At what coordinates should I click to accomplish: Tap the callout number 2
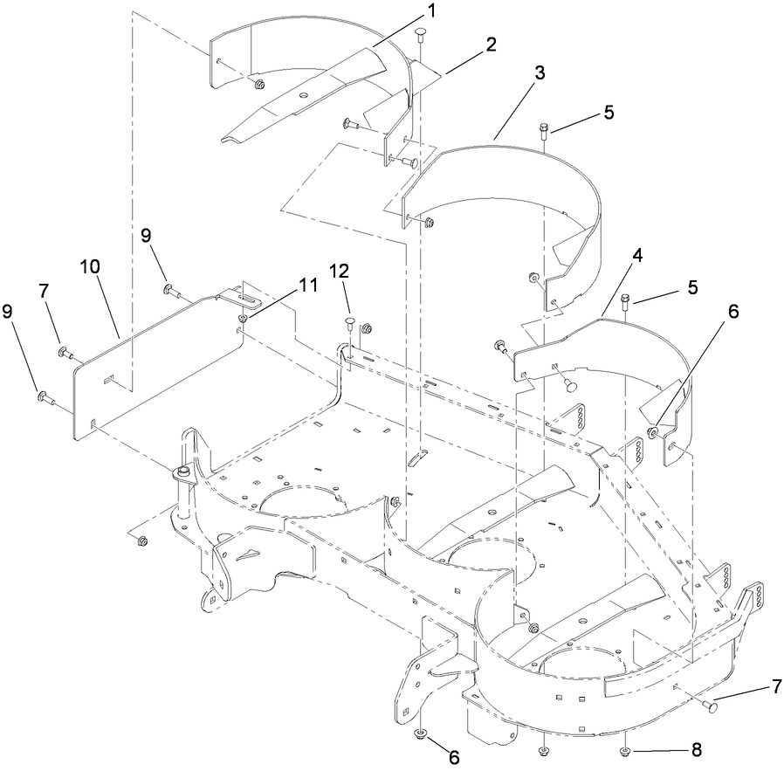[x=491, y=45]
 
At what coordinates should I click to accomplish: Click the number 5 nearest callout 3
[x=609, y=113]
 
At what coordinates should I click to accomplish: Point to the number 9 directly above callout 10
[x=147, y=236]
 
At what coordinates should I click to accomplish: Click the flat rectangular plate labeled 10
[x=157, y=367]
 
